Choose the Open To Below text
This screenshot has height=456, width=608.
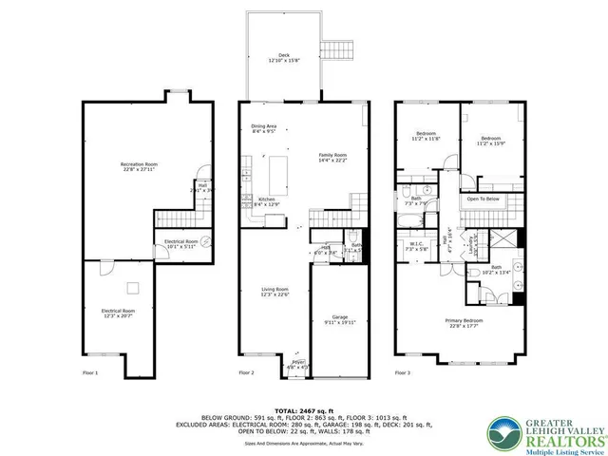click(483, 199)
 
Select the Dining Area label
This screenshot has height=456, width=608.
click(264, 126)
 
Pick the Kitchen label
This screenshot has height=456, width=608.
click(267, 199)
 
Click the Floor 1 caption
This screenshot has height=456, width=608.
click(90, 373)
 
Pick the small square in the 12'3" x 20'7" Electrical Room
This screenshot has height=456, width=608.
click(134, 288)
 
